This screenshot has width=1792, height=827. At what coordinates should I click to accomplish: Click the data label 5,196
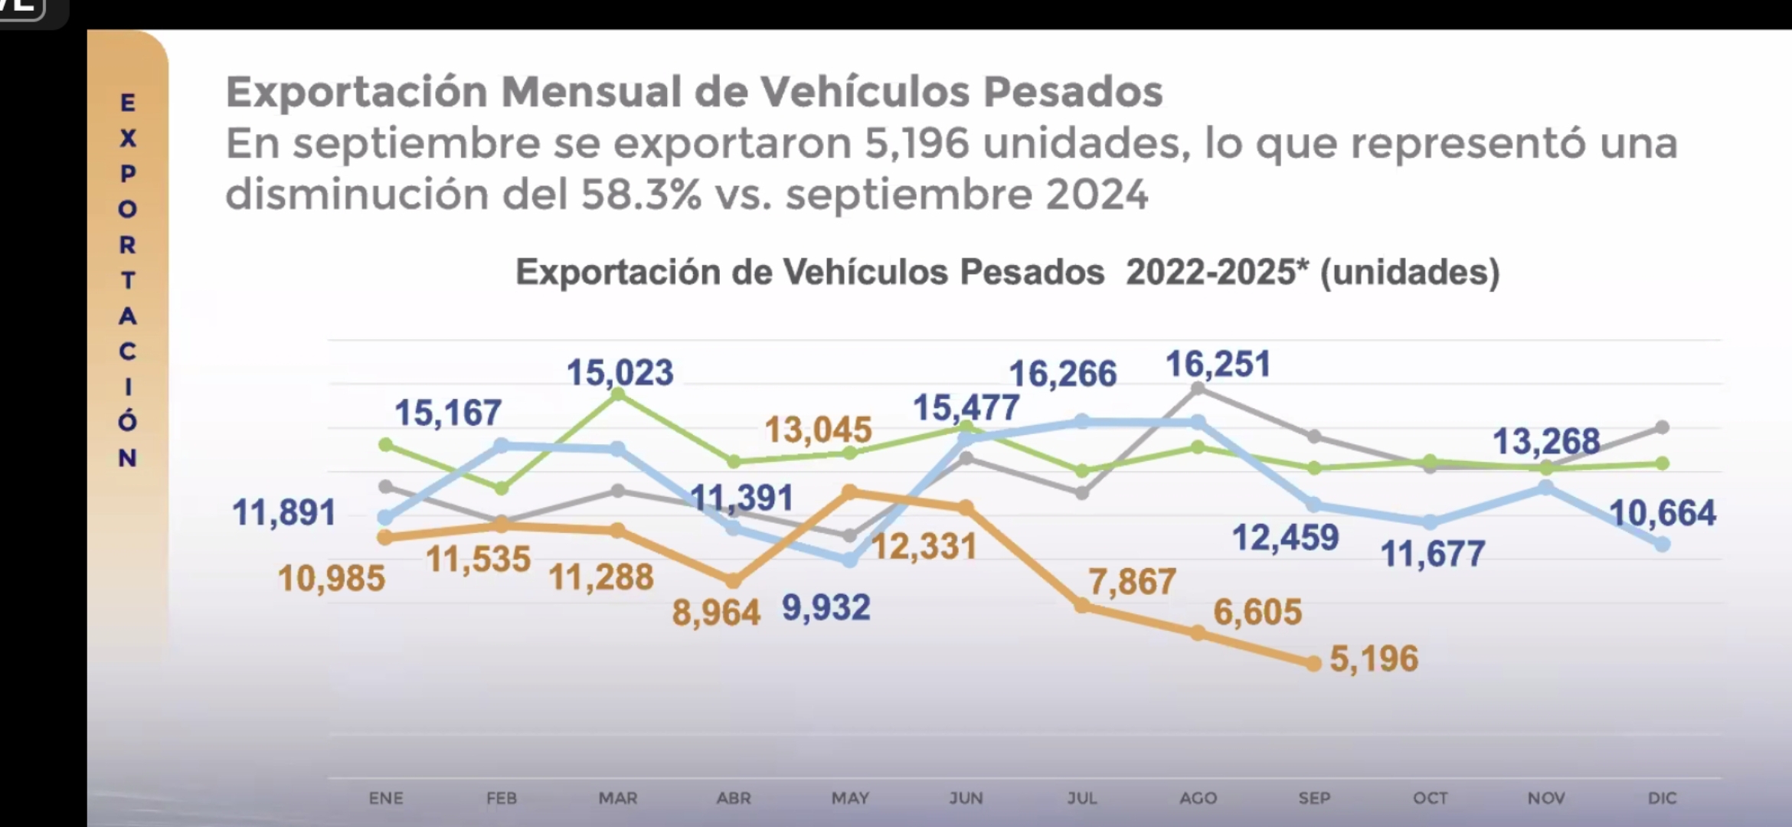(1374, 659)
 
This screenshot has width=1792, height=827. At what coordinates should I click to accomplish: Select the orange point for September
(1314, 663)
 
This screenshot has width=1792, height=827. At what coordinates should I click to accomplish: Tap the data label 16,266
(1062, 374)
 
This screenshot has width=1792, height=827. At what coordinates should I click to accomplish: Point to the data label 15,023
(620, 373)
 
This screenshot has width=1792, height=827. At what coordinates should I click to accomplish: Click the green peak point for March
(619, 394)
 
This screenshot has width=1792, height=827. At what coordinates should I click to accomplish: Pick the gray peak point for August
(1198, 389)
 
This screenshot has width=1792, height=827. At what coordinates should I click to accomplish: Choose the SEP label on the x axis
(1314, 798)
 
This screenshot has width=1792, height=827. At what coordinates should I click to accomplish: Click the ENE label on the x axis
(386, 798)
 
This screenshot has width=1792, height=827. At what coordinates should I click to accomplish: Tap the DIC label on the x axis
(1662, 798)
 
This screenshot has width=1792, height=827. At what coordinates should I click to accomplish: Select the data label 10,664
(1662, 513)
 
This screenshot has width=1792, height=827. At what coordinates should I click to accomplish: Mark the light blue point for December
(1663, 544)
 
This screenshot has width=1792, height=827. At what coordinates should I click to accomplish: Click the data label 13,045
(818, 430)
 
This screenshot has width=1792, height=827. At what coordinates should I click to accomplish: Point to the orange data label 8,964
(716, 613)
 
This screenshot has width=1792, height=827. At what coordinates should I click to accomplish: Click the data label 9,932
(826, 608)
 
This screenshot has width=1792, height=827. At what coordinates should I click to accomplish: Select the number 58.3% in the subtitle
(641, 194)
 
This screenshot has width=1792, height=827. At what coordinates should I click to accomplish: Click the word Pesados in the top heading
(1072, 92)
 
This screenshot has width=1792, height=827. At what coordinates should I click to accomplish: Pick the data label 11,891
(284, 512)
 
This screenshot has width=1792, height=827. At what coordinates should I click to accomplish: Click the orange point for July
(1082, 606)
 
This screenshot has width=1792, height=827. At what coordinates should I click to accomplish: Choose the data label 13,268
(1546, 442)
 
